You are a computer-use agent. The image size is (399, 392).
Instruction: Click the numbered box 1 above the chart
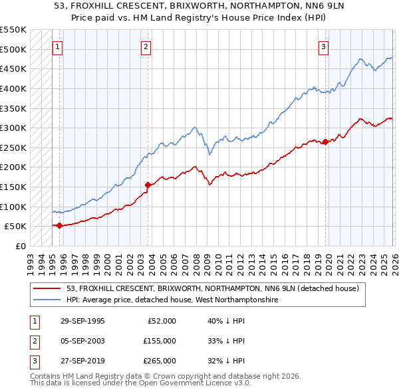58,47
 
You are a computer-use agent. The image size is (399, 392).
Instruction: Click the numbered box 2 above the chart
146,47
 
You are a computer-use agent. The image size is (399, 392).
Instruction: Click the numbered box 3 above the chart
323,47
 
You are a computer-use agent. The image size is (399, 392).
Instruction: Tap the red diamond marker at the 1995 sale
60,225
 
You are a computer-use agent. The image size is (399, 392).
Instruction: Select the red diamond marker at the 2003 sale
148,185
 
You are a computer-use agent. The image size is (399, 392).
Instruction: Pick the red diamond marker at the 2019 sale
325,142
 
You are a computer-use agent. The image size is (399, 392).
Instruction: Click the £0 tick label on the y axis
21,246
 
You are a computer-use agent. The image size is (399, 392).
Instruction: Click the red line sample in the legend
47,288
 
